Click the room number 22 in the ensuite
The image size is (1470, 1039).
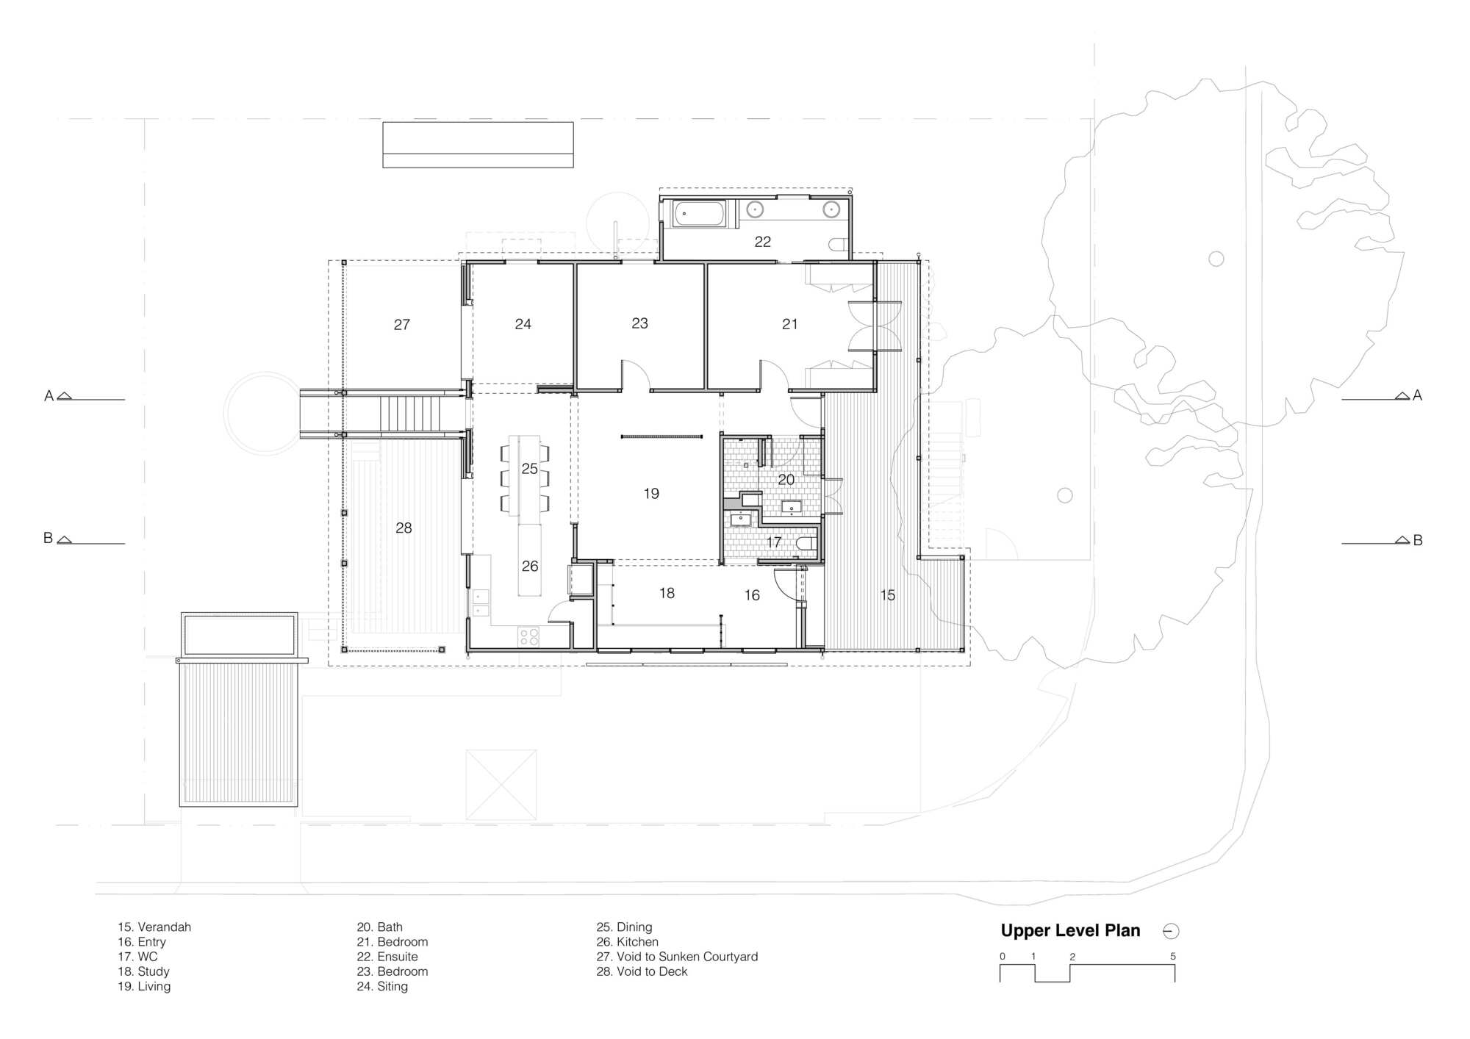(762, 242)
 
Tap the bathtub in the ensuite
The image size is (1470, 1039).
(700, 214)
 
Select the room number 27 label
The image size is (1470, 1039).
(401, 324)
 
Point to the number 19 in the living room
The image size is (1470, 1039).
(651, 494)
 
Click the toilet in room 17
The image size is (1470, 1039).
(806, 544)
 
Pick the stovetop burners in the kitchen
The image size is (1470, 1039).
(529, 636)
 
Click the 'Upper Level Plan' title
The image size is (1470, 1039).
(1070, 930)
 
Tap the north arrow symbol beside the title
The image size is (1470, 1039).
(1171, 931)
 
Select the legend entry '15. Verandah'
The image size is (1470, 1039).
(154, 927)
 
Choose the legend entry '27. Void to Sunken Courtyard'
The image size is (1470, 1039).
(677, 957)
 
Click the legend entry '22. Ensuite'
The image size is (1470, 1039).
(387, 957)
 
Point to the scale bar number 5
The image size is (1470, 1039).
(1173, 957)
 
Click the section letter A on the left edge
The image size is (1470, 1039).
(49, 396)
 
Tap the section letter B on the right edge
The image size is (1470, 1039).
(1418, 540)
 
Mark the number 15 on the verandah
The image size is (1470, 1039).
(888, 595)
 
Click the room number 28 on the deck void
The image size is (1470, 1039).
(404, 528)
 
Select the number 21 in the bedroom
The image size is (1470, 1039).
(789, 324)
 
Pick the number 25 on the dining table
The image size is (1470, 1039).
(529, 469)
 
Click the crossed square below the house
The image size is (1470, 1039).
(501, 785)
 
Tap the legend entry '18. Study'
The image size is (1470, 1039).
(143, 971)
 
